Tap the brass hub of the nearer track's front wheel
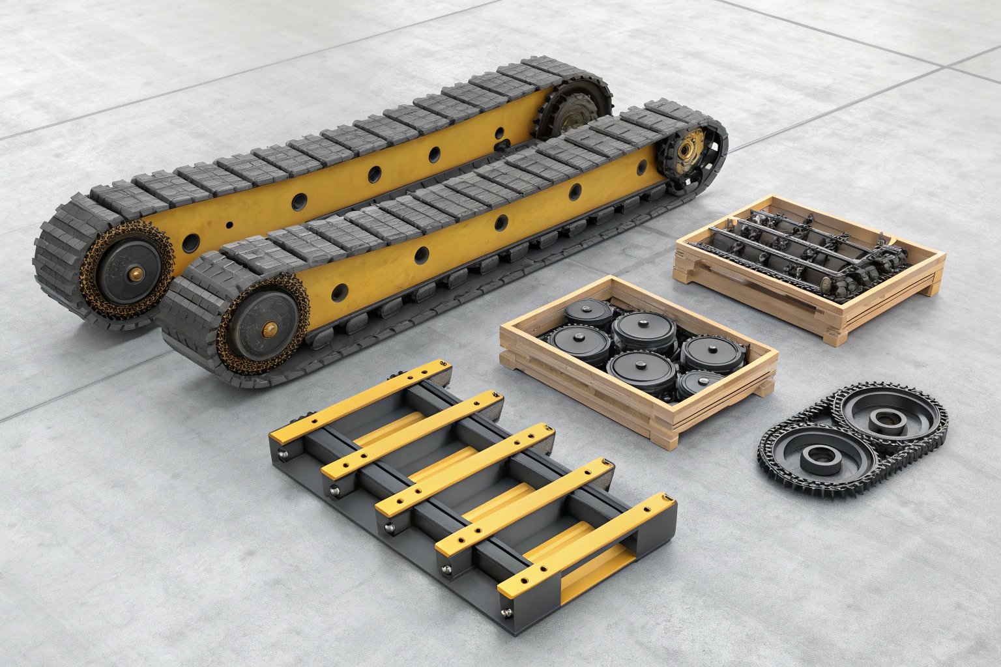point(266,332)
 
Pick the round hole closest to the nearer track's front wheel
point(340,292)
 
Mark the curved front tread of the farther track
point(59,261)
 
